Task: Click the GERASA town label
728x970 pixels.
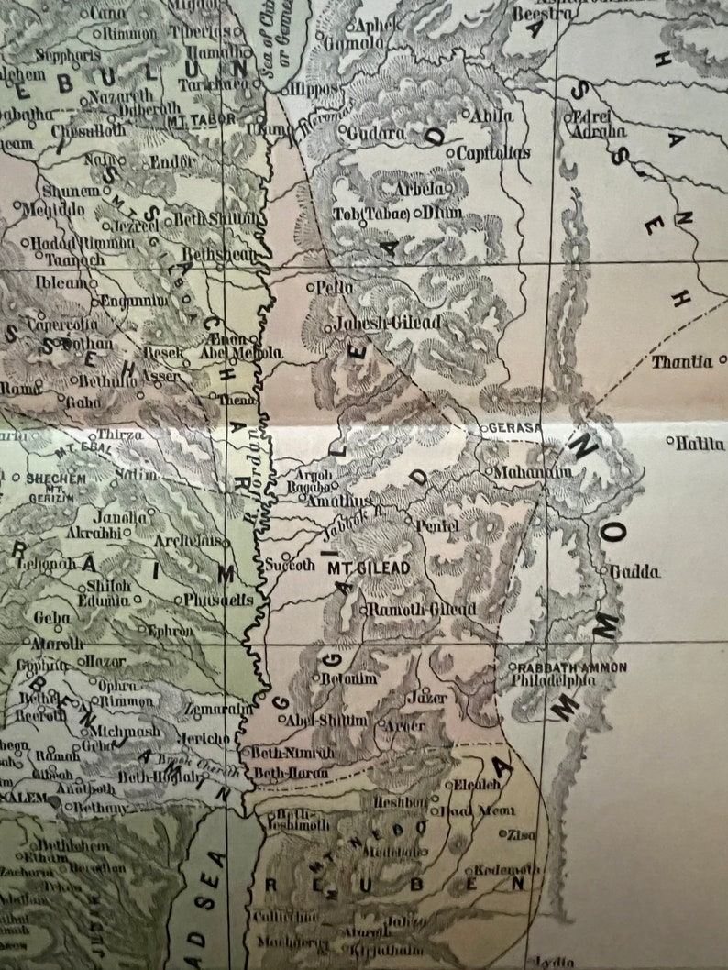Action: (x=518, y=428)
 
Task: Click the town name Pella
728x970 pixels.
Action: (x=335, y=287)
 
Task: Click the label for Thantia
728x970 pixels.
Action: (x=681, y=362)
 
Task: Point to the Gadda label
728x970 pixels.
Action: (x=634, y=572)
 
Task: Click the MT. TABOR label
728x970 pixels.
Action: (x=201, y=119)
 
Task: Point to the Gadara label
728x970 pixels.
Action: (x=376, y=132)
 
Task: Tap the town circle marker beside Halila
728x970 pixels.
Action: (x=670, y=441)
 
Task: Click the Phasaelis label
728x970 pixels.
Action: (x=219, y=600)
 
